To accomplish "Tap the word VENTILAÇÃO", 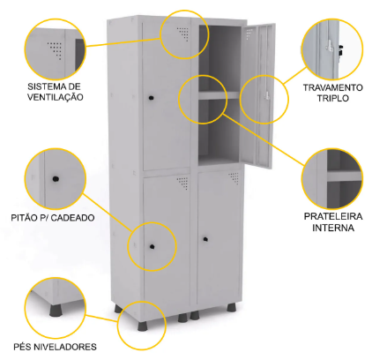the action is point(56,97).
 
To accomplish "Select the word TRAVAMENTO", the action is point(333,87).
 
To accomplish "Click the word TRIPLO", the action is point(333,98).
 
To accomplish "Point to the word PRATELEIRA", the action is point(333,216).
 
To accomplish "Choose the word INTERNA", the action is point(333,228).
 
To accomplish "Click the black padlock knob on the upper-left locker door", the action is point(152,98).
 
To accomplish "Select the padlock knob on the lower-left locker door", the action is point(152,246).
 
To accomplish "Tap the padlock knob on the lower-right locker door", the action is point(205,239).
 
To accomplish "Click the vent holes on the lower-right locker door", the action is point(234,178).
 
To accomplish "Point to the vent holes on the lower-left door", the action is point(182,183).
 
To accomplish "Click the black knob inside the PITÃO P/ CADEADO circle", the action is point(56,178).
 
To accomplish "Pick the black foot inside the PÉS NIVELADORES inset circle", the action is point(56,311).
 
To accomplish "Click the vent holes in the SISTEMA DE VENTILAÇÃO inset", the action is point(56,50).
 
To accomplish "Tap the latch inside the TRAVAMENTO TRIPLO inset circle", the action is point(330,48).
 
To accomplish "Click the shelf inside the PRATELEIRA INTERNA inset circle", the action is point(344,176).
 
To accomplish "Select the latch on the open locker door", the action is point(266,95).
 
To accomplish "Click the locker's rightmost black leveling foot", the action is point(231,308).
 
